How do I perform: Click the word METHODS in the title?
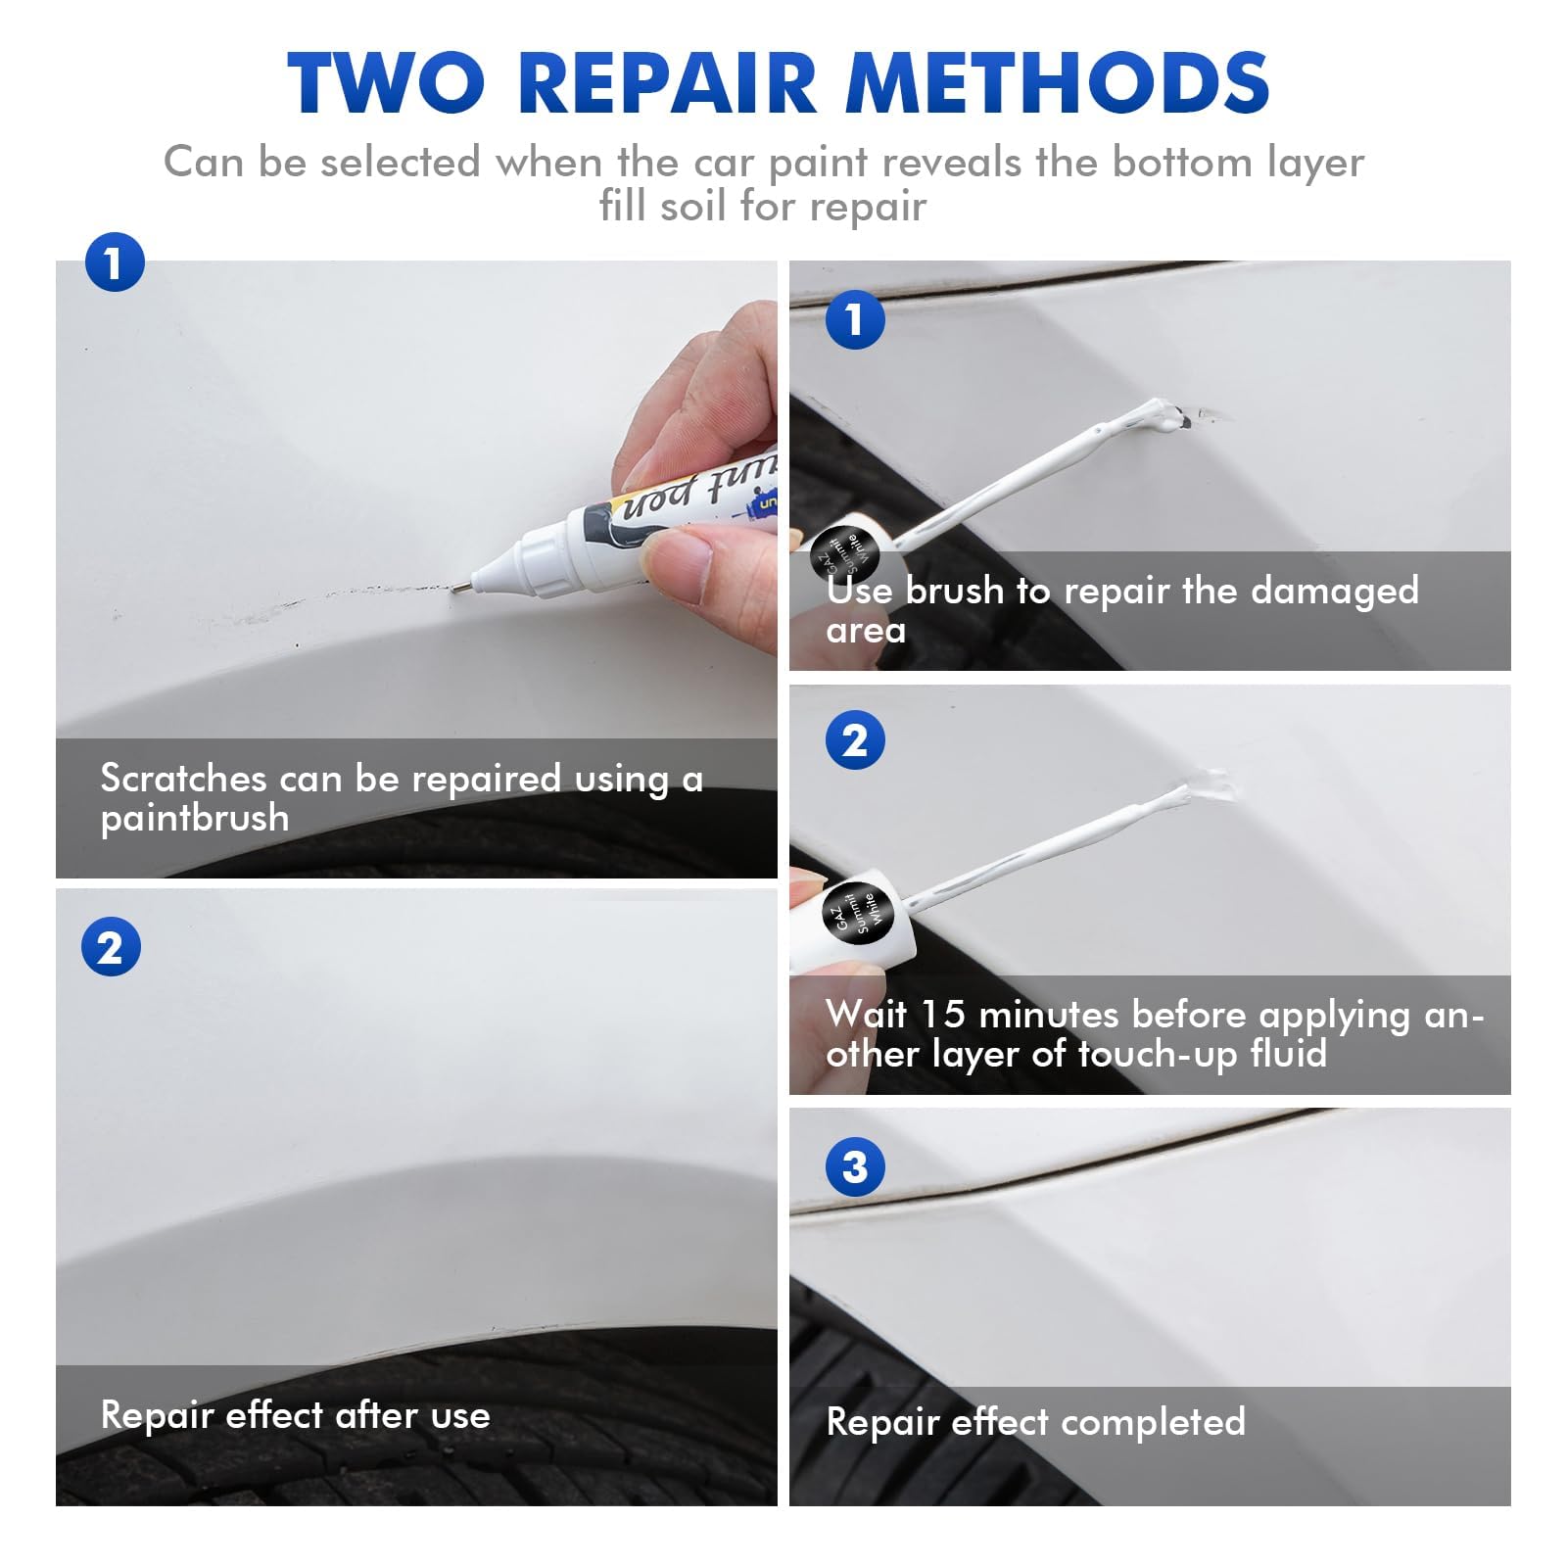(x=1058, y=82)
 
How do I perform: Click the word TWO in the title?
(x=386, y=82)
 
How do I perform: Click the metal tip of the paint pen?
(x=458, y=587)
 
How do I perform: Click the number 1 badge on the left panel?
(x=115, y=262)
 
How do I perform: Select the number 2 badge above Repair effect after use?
(x=111, y=947)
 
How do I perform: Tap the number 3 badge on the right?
(x=855, y=1166)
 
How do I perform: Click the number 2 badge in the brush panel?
(x=855, y=740)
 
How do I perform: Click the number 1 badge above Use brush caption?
(x=855, y=319)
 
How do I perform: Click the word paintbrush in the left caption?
(x=195, y=819)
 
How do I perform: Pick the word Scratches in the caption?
(x=183, y=779)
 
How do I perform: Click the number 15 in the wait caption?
(x=944, y=1015)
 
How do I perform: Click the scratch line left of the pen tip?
(x=372, y=592)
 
